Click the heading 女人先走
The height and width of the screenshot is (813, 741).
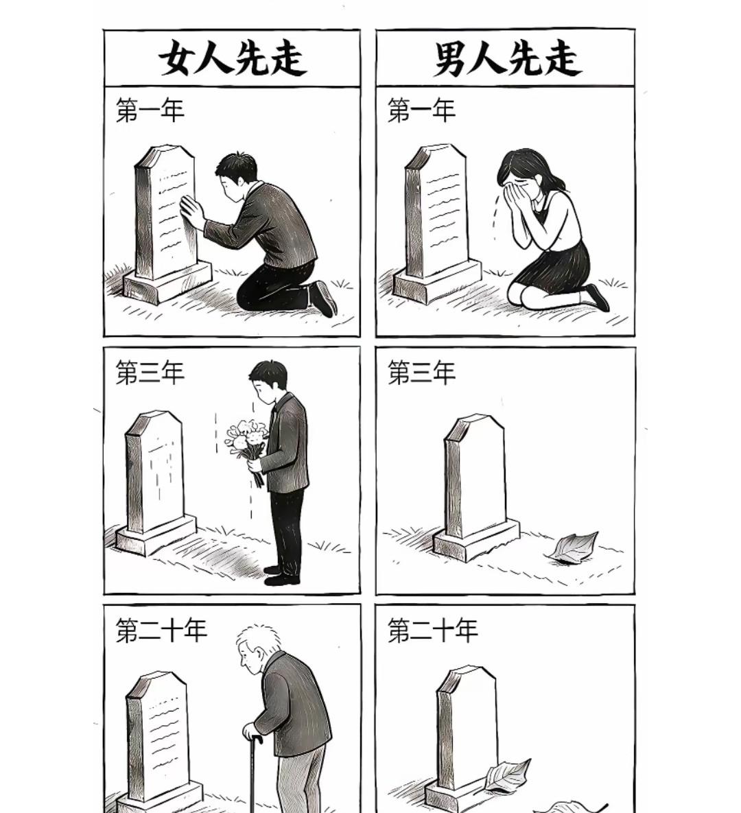tap(232, 58)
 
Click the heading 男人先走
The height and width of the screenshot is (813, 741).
tap(506, 58)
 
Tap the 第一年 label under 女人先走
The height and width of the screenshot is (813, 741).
tap(150, 110)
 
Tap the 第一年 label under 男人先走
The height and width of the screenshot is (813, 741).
tap(421, 110)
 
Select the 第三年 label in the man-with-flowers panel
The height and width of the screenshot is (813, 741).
tap(150, 373)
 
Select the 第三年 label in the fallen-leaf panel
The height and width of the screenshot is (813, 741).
tap(421, 373)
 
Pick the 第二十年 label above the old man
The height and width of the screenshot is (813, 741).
tap(161, 631)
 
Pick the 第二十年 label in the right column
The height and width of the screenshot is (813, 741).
tap(432, 631)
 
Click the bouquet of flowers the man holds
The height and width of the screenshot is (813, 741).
tap(247, 439)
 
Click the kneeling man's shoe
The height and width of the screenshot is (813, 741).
tap(323, 298)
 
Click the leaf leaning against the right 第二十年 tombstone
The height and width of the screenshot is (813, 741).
tap(508, 775)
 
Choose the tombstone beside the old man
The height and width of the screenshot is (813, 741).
tap(158, 734)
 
